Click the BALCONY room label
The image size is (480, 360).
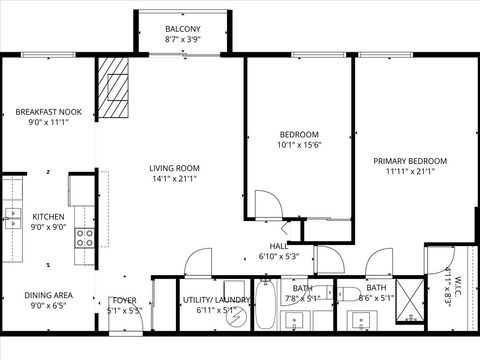182,29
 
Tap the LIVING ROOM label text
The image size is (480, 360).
174,168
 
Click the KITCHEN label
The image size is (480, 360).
48,215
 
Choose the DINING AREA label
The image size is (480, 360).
48,296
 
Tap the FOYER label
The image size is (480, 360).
124,300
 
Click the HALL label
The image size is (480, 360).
279,246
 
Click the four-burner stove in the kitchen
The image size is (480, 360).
86,237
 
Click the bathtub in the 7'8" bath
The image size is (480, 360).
267,307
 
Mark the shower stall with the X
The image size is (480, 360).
407,297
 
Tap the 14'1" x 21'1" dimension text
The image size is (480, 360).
174,180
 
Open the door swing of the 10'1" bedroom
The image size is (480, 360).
265,203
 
